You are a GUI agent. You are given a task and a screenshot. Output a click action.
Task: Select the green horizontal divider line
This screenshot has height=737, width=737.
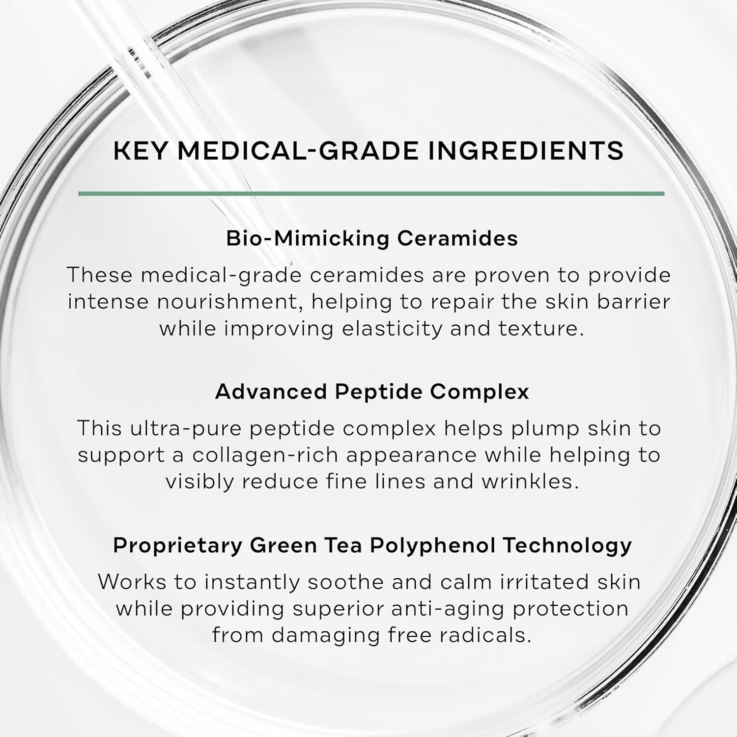pyautogui.click(x=371, y=194)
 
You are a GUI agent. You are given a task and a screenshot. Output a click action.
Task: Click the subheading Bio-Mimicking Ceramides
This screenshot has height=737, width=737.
pyautogui.click(x=372, y=238)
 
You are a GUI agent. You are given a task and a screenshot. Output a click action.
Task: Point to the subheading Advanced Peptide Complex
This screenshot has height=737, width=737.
pyautogui.click(x=372, y=392)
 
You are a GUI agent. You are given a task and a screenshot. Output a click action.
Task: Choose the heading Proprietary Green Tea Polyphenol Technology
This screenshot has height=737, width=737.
pyautogui.click(x=372, y=546)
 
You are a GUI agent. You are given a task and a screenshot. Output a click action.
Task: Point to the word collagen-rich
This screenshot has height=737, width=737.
pyautogui.click(x=265, y=455)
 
